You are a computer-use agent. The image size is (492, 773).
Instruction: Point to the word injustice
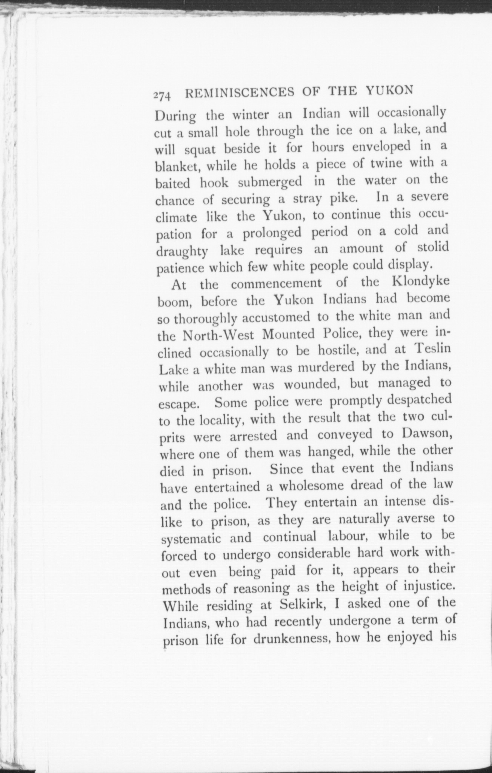(420, 587)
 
